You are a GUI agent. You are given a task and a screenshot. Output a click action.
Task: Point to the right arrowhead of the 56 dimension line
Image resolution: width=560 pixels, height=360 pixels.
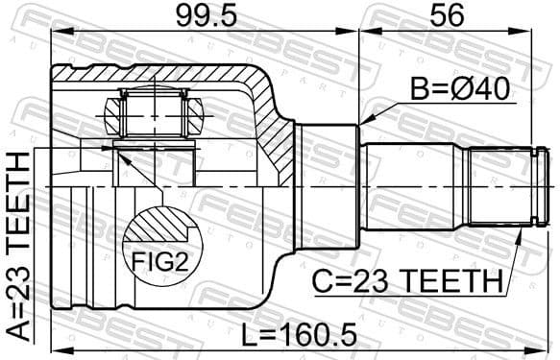pos(545,33)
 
